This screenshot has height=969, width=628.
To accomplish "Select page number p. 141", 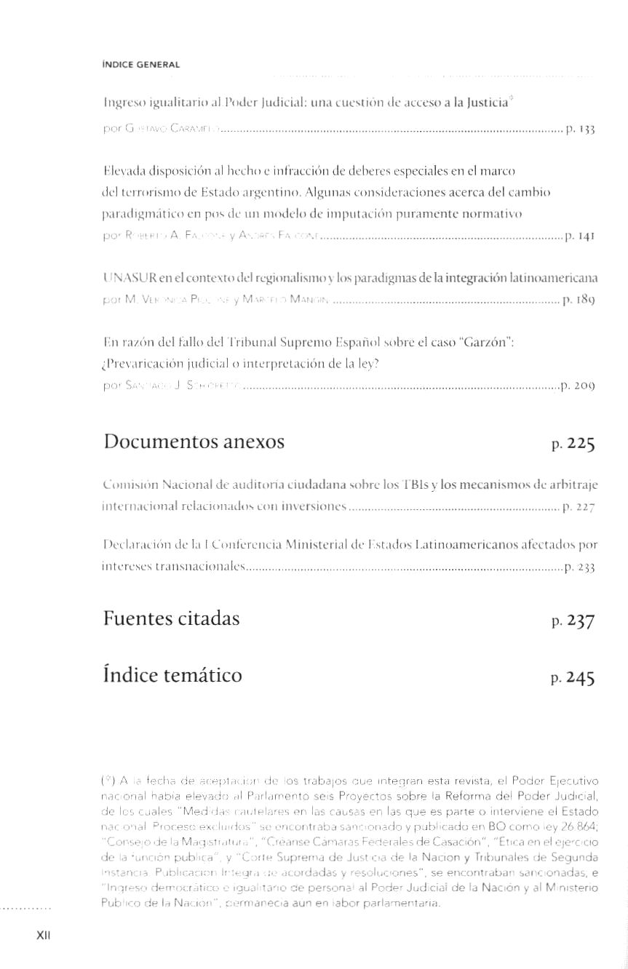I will [581, 236].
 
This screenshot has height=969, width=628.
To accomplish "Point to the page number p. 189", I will [581, 298].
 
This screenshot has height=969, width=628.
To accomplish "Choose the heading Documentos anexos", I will [194, 442].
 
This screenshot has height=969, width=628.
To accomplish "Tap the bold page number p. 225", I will [573, 443].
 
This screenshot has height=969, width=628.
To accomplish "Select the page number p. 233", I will [580, 567].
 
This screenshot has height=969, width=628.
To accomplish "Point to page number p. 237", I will [573, 621].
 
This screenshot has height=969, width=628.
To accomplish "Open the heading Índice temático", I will [172, 676].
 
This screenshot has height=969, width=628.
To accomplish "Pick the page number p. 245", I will [573, 678].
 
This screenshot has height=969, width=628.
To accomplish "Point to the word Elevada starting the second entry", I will [125, 172].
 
